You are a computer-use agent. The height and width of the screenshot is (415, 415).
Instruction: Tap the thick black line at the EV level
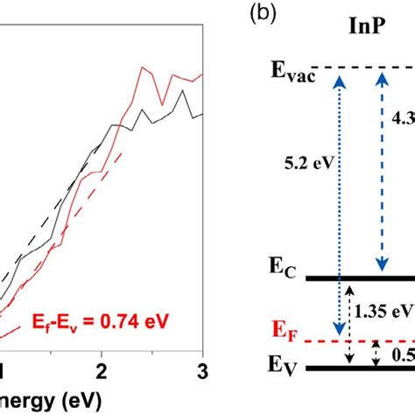coord(359,368)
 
